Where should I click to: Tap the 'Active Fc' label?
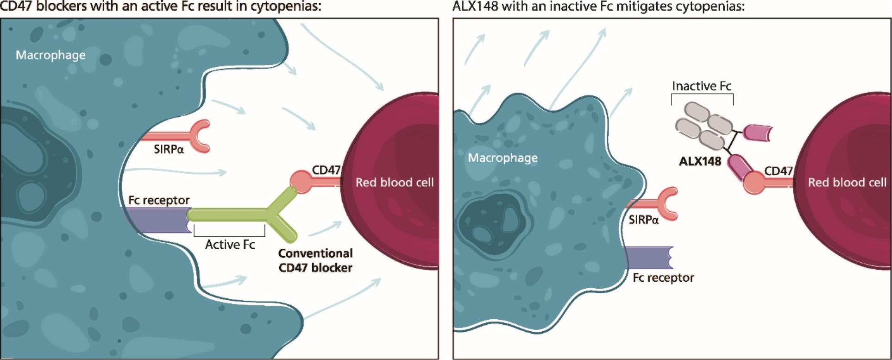point(230,245)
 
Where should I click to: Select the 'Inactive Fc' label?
point(701,86)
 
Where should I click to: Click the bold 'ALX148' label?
point(700,161)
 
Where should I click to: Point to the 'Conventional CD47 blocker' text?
point(315,260)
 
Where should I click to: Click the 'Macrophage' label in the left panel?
point(50,55)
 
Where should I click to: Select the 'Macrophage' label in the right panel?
point(503,158)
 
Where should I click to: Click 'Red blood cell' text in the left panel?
point(395,183)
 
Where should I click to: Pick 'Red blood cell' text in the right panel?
point(847,183)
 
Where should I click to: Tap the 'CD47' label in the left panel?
point(326,170)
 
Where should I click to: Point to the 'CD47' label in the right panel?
point(778,171)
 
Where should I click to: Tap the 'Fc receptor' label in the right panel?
point(663,278)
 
